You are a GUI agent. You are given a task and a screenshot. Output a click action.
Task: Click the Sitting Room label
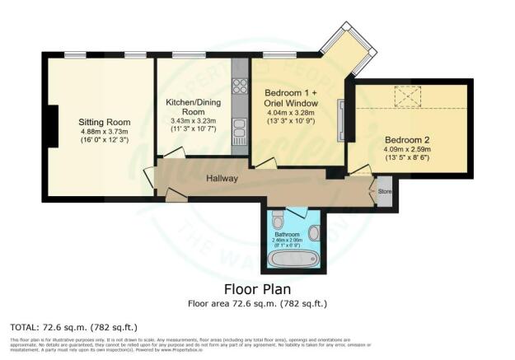(x=101, y=120)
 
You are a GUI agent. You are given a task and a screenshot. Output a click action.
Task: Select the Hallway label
(x=222, y=178)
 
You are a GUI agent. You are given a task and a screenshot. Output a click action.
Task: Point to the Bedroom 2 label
(x=407, y=139)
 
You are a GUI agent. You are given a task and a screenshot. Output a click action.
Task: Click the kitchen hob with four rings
(x=240, y=85)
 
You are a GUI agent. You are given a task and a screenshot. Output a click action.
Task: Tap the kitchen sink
(x=240, y=130)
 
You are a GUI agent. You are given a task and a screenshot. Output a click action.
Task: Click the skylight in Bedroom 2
(x=406, y=96)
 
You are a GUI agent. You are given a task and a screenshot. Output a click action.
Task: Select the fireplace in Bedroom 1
(x=339, y=120)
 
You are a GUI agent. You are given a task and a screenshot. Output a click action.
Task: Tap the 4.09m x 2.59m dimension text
(x=407, y=151)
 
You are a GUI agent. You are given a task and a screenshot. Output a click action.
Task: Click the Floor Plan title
(x=257, y=290)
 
